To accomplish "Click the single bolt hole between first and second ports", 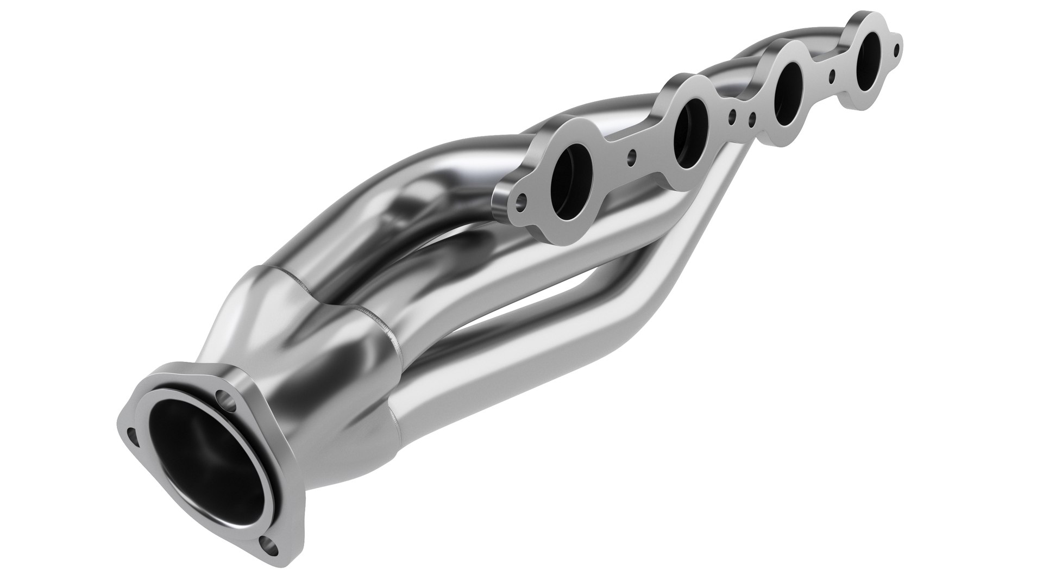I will [x=631, y=158].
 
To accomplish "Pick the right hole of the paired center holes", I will [x=752, y=118].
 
